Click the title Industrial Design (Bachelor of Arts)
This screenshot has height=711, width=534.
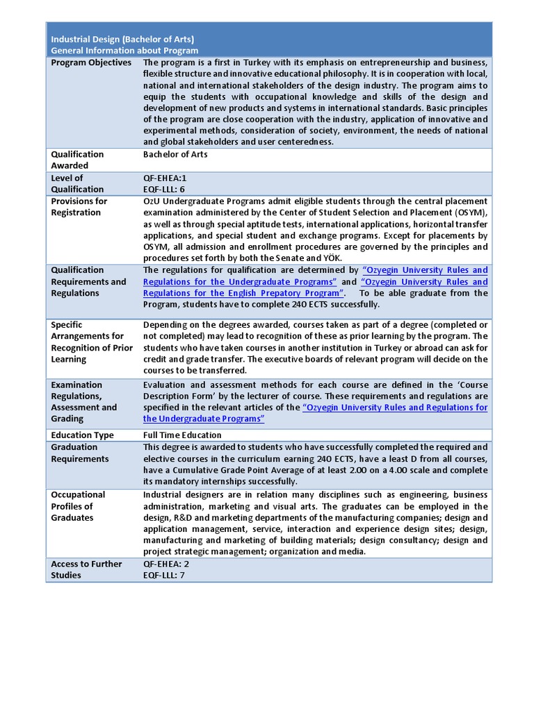pos(122,39)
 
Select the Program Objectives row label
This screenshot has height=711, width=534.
pos(91,62)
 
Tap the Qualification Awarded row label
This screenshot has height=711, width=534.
pos(77,160)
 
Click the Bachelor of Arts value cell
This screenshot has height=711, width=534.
pos(175,154)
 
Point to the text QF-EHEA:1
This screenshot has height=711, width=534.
pos(165,178)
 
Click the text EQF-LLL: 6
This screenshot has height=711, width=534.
pos(164,189)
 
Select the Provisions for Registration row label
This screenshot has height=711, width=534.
pos(79,207)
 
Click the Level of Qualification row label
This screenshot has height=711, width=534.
pos(77,183)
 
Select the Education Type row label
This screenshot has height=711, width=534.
pos(82,435)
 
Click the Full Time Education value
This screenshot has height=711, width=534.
pos(182,435)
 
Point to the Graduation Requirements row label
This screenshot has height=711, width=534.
pos(80,453)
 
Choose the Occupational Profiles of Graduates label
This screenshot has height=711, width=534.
pos(78,506)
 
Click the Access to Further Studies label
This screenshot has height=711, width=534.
pos(86,569)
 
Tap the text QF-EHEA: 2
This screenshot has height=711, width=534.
pos(166,564)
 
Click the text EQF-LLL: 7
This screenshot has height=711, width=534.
pos(164,575)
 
